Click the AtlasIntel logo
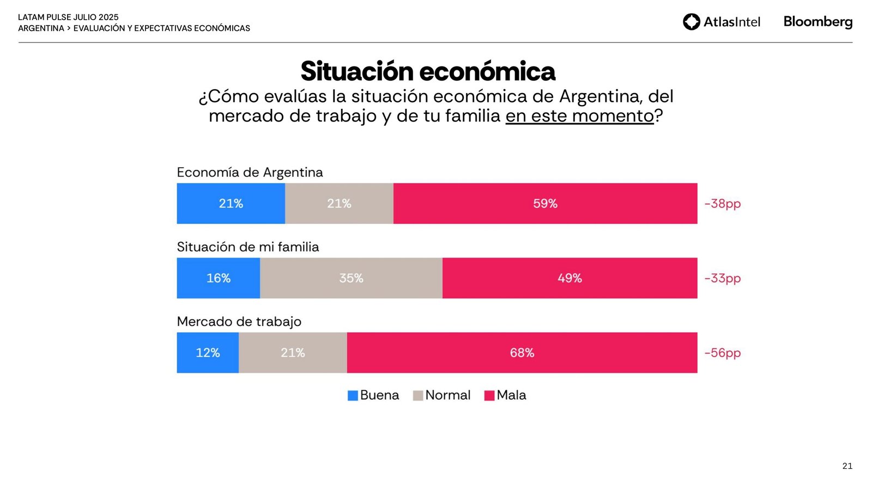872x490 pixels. tap(721, 22)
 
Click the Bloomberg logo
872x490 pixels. tap(818, 22)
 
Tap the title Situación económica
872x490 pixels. tap(428, 71)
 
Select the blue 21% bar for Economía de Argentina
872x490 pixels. tap(231, 204)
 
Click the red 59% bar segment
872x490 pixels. tap(545, 204)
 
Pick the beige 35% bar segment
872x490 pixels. tap(351, 278)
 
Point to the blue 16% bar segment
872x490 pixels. tap(218, 278)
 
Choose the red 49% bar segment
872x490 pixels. tap(570, 278)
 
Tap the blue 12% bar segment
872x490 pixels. tap(208, 353)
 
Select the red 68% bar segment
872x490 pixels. tap(522, 353)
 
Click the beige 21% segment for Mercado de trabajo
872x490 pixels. tap(293, 353)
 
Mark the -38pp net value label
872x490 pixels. tap(722, 204)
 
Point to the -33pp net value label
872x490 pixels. tap(722, 278)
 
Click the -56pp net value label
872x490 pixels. tap(722, 353)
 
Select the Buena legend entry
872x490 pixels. tap(373, 395)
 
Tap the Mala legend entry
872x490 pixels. tap(505, 395)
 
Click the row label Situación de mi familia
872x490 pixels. tap(248, 247)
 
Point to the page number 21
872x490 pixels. tap(847, 466)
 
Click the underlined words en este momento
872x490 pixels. tap(579, 116)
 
